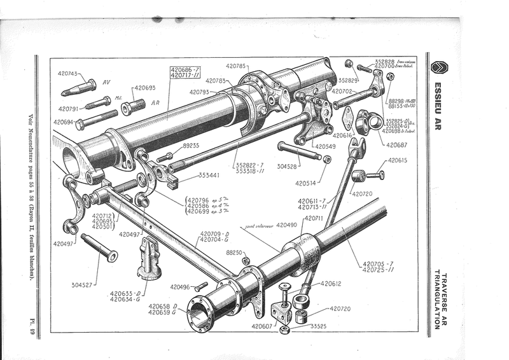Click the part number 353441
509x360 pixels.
(x=210, y=175)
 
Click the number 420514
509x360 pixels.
(x=307, y=184)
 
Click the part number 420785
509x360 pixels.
(x=237, y=65)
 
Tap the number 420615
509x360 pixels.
(x=399, y=160)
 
